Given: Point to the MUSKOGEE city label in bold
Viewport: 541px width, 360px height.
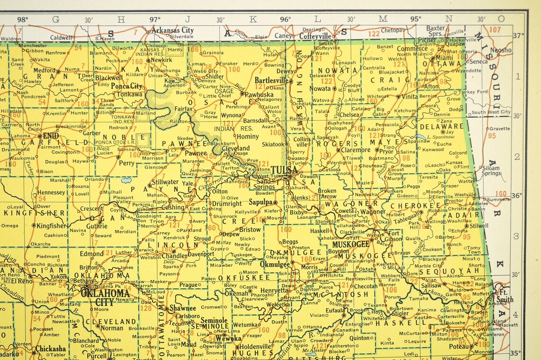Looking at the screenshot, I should (x=351, y=244).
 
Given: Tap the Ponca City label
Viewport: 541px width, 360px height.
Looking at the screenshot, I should (x=127, y=86).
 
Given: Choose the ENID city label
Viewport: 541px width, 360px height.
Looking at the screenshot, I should (x=51, y=135).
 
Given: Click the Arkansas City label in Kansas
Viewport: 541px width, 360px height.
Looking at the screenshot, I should (x=172, y=30).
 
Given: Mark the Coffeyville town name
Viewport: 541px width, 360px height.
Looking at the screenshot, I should (x=316, y=36).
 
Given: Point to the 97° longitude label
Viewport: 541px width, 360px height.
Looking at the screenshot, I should (x=155, y=19).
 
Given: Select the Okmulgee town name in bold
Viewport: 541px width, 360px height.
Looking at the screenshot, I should (x=275, y=264).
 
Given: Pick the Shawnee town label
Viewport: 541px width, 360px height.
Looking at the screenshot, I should (x=183, y=308).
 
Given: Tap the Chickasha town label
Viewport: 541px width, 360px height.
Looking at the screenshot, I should (x=51, y=348).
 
